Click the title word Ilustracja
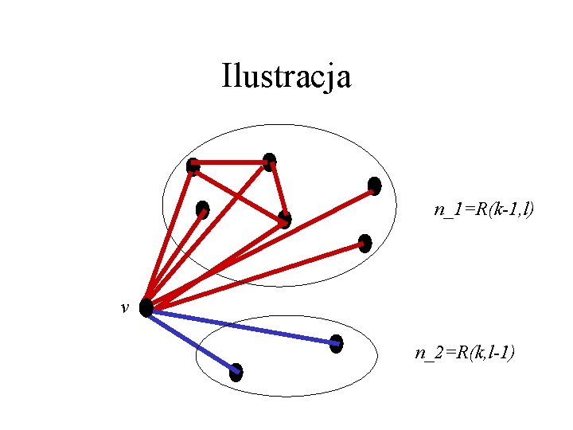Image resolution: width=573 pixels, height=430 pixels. point(286,77)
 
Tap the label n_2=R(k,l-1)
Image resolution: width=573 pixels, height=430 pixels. point(465,352)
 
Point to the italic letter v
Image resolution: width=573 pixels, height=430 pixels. point(125,307)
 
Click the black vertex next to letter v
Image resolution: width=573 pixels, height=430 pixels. point(146,307)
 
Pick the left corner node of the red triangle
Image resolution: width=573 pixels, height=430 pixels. point(193,166)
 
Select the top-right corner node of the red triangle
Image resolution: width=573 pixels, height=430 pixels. point(270,162)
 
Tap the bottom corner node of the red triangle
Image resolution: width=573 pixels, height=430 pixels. point(285,219)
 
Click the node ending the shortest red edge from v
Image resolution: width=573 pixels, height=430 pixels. point(202,209)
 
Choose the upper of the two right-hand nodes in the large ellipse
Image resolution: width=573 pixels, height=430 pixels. point(374,186)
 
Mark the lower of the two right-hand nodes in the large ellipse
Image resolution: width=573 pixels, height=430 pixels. point(364,243)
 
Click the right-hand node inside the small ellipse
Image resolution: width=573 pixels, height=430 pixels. point(336,343)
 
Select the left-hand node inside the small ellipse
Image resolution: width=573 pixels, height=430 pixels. point(236,372)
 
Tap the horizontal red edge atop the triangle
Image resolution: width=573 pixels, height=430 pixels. point(231,163)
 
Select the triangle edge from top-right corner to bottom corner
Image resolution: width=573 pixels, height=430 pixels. point(278,191)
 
